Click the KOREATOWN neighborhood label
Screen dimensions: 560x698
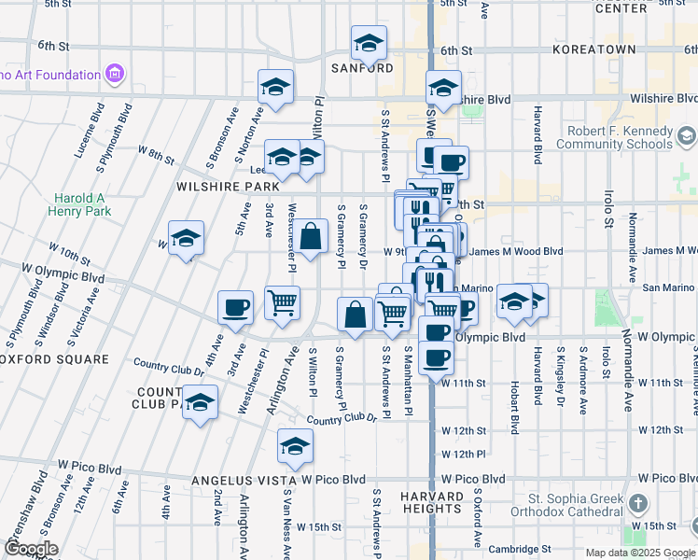(x=607, y=49)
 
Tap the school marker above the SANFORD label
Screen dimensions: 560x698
(x=369, y=44)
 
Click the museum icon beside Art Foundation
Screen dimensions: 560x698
(x=116, y=74)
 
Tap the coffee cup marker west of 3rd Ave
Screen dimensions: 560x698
(x=235, y=308)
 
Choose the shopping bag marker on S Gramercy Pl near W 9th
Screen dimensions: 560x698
(x=312, y=237)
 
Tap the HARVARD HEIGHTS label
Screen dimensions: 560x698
(x=434, y=502)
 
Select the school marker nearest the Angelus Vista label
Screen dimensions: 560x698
(x=295, y=448)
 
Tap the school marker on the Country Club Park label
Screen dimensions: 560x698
(x=199, y=404)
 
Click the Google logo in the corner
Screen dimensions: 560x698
(x=31, y=549)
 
